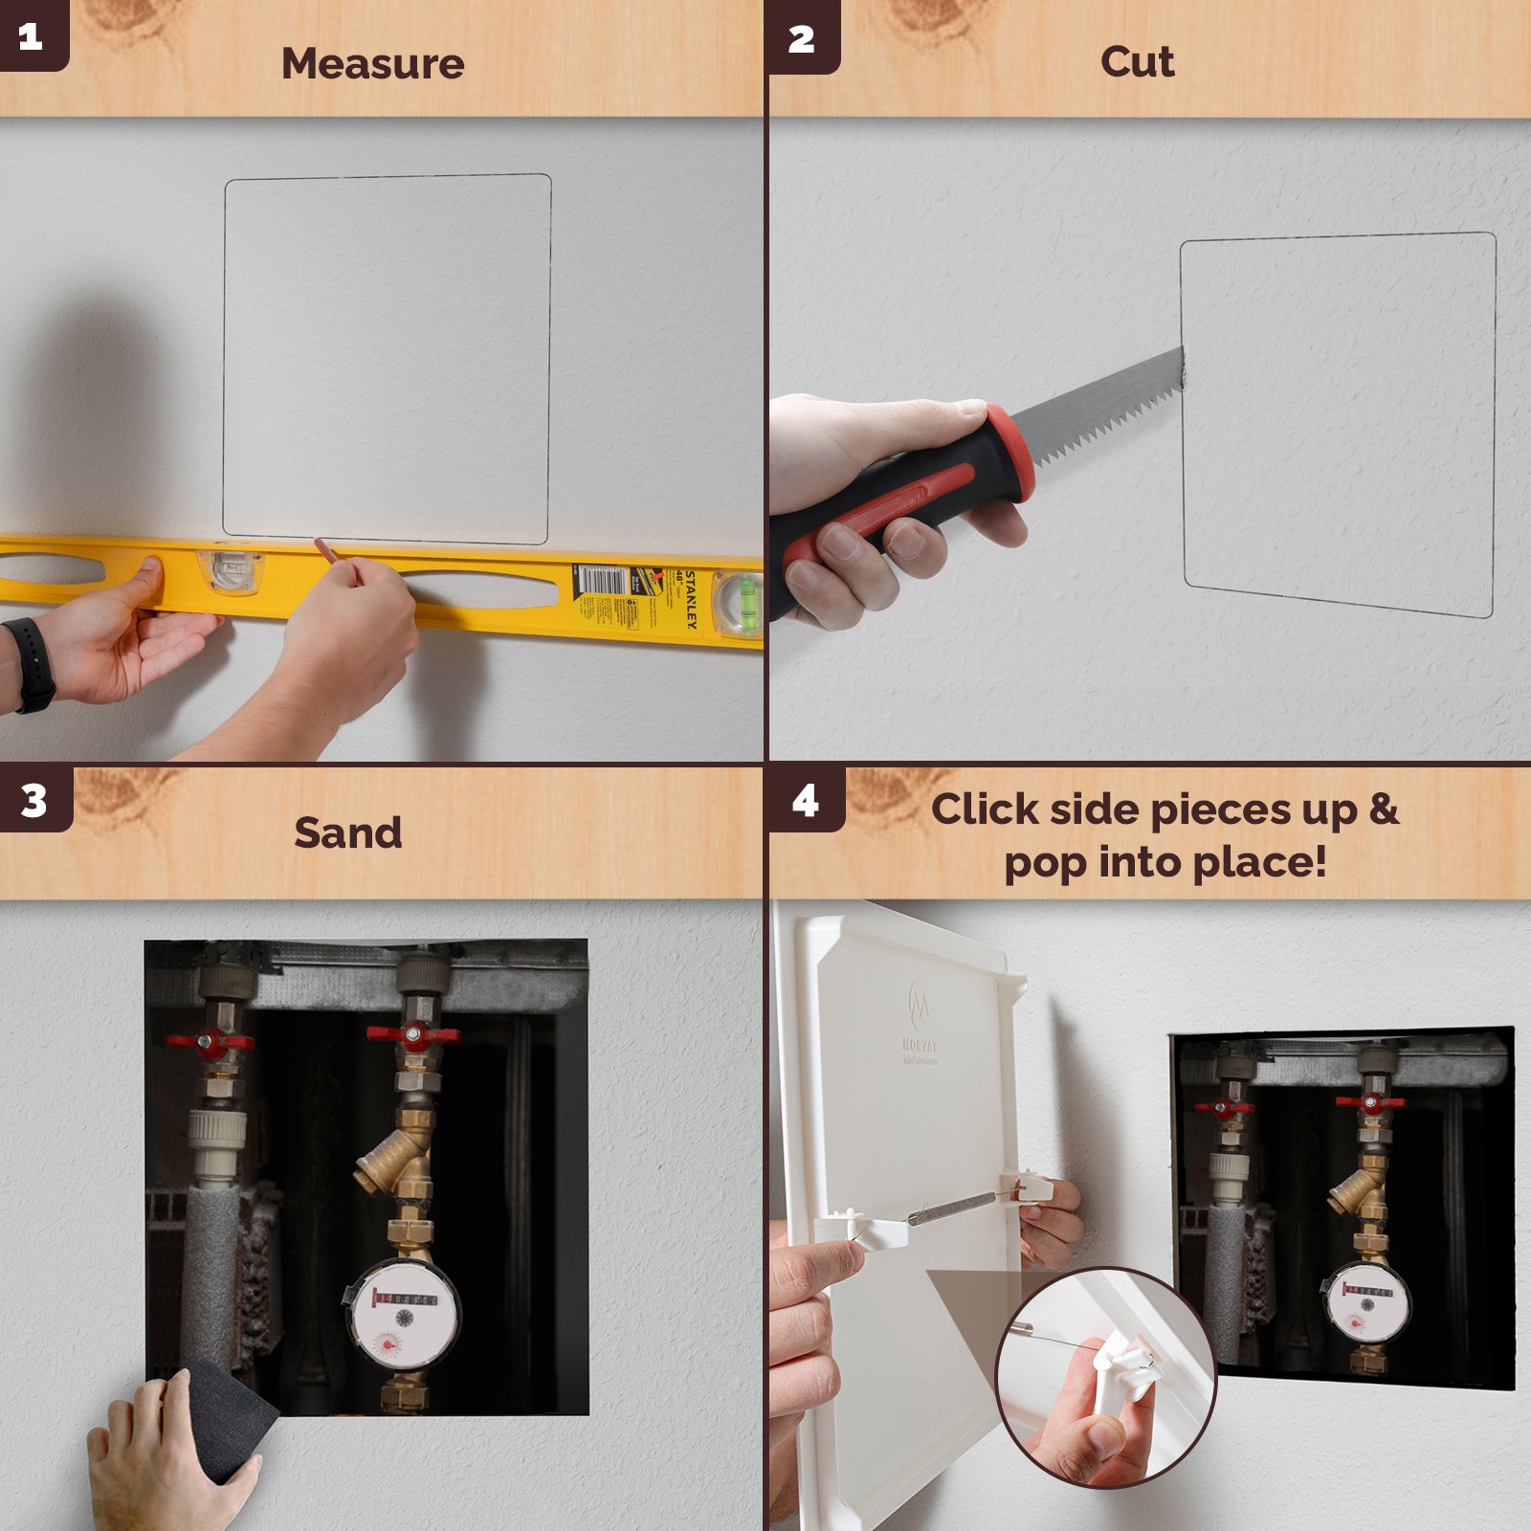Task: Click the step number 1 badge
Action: point(32,35)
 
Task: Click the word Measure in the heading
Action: point(372,64)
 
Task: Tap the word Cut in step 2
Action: point(1137,62)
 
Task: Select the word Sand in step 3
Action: point(347,832)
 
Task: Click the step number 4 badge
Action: point(805,800)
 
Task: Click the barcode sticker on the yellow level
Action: point(601,580)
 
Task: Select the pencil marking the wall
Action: point(326,551)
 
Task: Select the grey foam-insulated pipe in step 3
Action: point(211,1273)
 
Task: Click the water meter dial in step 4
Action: point(1368,1306)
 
